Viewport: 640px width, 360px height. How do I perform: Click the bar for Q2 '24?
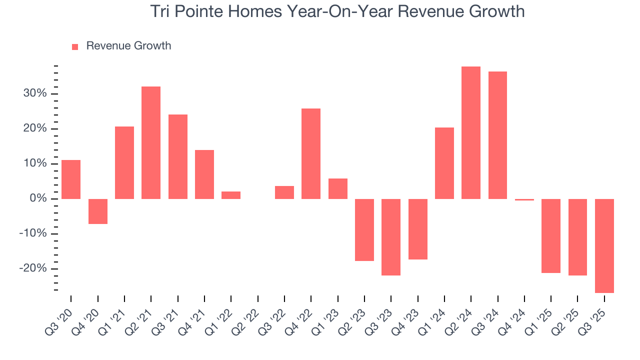(471, 132)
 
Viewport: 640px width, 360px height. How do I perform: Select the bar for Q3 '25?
(604, 245)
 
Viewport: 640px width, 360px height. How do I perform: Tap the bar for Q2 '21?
(151, 142)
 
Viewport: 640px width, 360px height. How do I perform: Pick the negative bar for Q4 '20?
(98, 211)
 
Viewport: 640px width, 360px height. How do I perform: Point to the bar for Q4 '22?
(311, 153)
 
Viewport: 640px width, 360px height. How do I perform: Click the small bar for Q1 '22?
(231, 195)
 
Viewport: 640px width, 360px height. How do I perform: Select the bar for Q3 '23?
(391, 237)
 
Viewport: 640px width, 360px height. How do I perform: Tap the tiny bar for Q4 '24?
(524, 199)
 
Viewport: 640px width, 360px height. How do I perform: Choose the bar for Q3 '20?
(71, 179)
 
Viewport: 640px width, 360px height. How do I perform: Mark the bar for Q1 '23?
(338, 188)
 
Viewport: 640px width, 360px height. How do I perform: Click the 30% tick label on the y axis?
(34, 94)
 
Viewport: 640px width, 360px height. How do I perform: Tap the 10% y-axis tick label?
(34, 164)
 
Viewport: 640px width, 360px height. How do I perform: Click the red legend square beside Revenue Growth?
(75, 46)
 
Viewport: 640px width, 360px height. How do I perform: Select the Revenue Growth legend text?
(128, 46)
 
